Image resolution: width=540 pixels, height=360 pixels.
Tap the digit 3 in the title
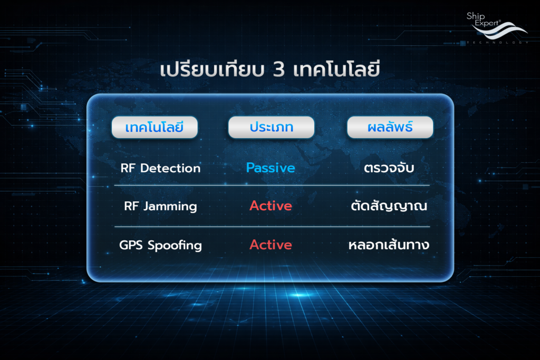278,70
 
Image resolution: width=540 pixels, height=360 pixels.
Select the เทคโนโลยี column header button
155,128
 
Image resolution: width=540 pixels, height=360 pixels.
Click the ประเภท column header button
272,128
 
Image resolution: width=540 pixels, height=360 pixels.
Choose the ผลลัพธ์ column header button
390,128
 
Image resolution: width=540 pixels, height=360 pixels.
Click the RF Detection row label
160,168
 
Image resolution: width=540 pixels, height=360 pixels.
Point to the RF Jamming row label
160,207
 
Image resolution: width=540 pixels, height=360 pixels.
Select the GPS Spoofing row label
160,246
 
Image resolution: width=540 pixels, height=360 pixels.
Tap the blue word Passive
271,168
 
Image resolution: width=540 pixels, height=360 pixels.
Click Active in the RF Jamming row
271,206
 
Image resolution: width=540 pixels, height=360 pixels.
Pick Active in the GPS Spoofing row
271,245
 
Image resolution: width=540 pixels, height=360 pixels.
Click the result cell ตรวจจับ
389,168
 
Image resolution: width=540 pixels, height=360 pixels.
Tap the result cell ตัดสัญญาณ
389,206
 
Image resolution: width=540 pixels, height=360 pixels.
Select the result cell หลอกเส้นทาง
389,245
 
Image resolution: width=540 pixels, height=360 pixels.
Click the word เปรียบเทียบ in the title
212,69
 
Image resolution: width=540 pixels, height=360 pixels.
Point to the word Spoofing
175,246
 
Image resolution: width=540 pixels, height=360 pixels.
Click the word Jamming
170,207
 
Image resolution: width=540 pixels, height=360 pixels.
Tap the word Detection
170,168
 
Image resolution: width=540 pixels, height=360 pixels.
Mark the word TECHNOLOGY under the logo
498,42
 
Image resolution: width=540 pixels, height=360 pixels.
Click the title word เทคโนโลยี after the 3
336,69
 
